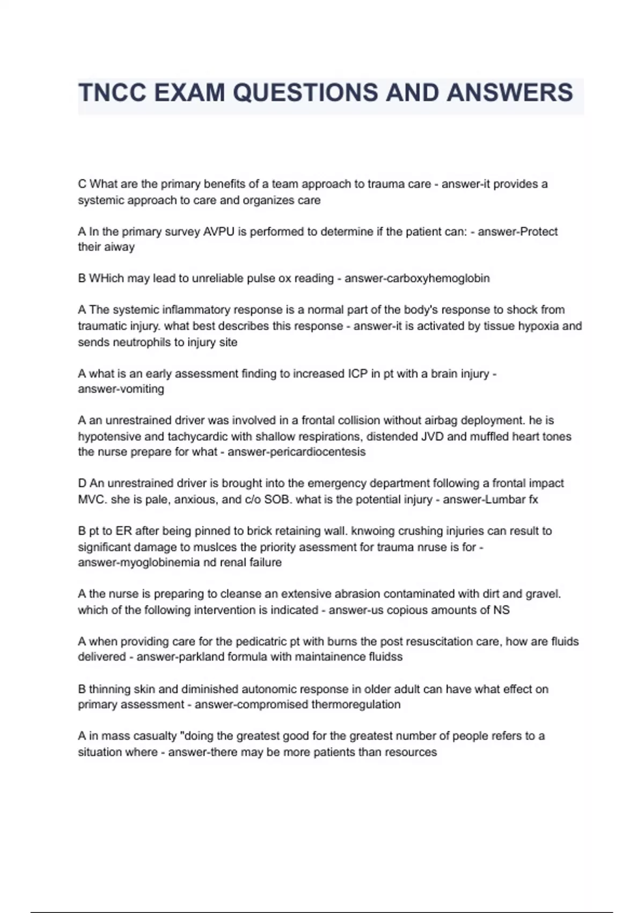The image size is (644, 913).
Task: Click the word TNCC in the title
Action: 113,93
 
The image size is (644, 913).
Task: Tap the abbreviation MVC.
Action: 91,499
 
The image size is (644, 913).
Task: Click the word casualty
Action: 155,736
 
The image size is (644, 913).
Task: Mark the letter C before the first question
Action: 82,184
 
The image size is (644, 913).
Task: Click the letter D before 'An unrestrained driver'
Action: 82,483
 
